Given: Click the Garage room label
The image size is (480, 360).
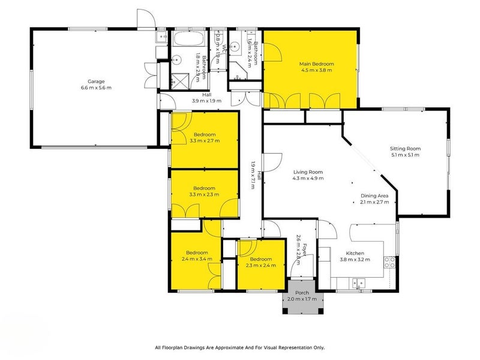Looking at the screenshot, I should pos(96,82).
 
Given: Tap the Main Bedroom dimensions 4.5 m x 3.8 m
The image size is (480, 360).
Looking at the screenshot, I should pos(316,70).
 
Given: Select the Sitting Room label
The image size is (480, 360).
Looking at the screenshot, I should pos(405,149).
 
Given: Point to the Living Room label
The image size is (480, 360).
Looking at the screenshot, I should pos(307,172).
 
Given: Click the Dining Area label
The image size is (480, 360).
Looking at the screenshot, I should pos(374,196).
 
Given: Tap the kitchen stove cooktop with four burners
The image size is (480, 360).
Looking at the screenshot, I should pos(389,262).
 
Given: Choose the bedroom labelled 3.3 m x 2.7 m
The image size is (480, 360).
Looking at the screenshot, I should pos(204,138).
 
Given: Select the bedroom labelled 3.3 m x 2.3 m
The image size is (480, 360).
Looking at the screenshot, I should pos(204,191).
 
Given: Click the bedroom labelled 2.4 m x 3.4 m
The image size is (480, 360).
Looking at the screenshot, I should pos(196,257).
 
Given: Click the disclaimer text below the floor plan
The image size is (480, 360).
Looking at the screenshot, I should pos(239,347).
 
